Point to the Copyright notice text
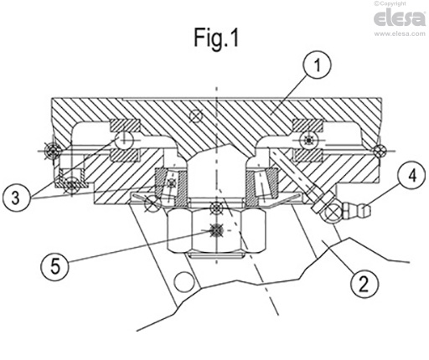pyautogui.click(x=401, y=4)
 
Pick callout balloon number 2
pyautogui.click(x=360, y=283)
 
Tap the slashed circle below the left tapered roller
pyautogui.click(x=152, y=203)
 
